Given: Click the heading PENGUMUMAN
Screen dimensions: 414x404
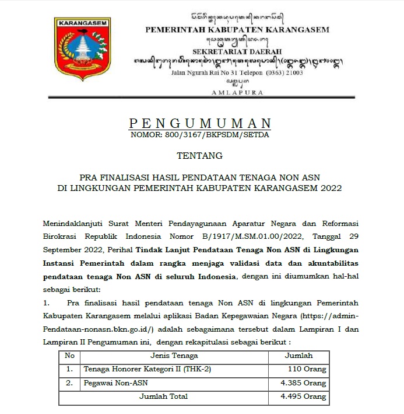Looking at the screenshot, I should (200, 123).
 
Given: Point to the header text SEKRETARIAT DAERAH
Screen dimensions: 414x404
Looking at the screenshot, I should (237, 51).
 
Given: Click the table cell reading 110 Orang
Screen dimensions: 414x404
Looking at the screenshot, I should (307, 370).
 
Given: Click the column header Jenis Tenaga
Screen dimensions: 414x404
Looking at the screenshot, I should (174, 356).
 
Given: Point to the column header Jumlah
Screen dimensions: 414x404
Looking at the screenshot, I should (298, 356).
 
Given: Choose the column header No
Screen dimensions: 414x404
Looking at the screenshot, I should (69, 356).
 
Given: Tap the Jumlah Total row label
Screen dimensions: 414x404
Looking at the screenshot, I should (163, 397).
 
